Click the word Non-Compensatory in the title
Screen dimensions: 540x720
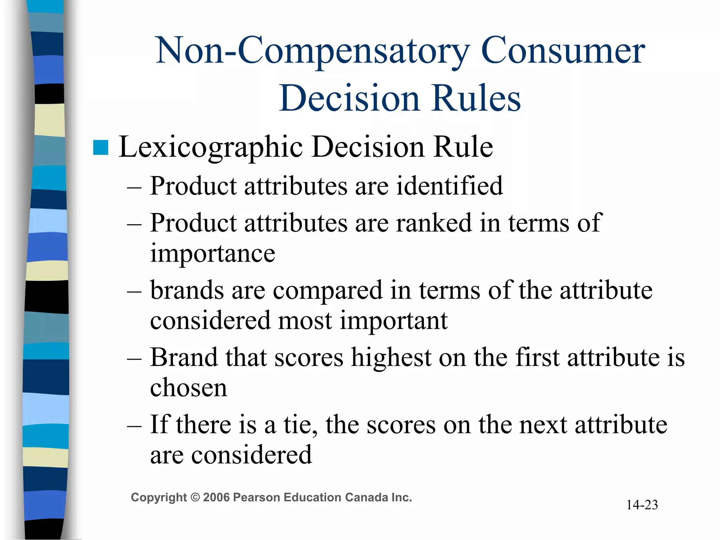312,51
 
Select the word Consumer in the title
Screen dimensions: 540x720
562,51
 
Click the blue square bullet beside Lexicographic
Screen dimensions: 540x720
101,147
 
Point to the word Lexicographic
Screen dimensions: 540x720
211,147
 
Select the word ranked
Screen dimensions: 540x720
434,223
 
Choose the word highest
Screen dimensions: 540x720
391,358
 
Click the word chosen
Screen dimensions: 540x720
188,388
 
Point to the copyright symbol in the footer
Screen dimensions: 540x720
195,497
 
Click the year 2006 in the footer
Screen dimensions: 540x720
216,497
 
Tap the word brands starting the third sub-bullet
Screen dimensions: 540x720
187,291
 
